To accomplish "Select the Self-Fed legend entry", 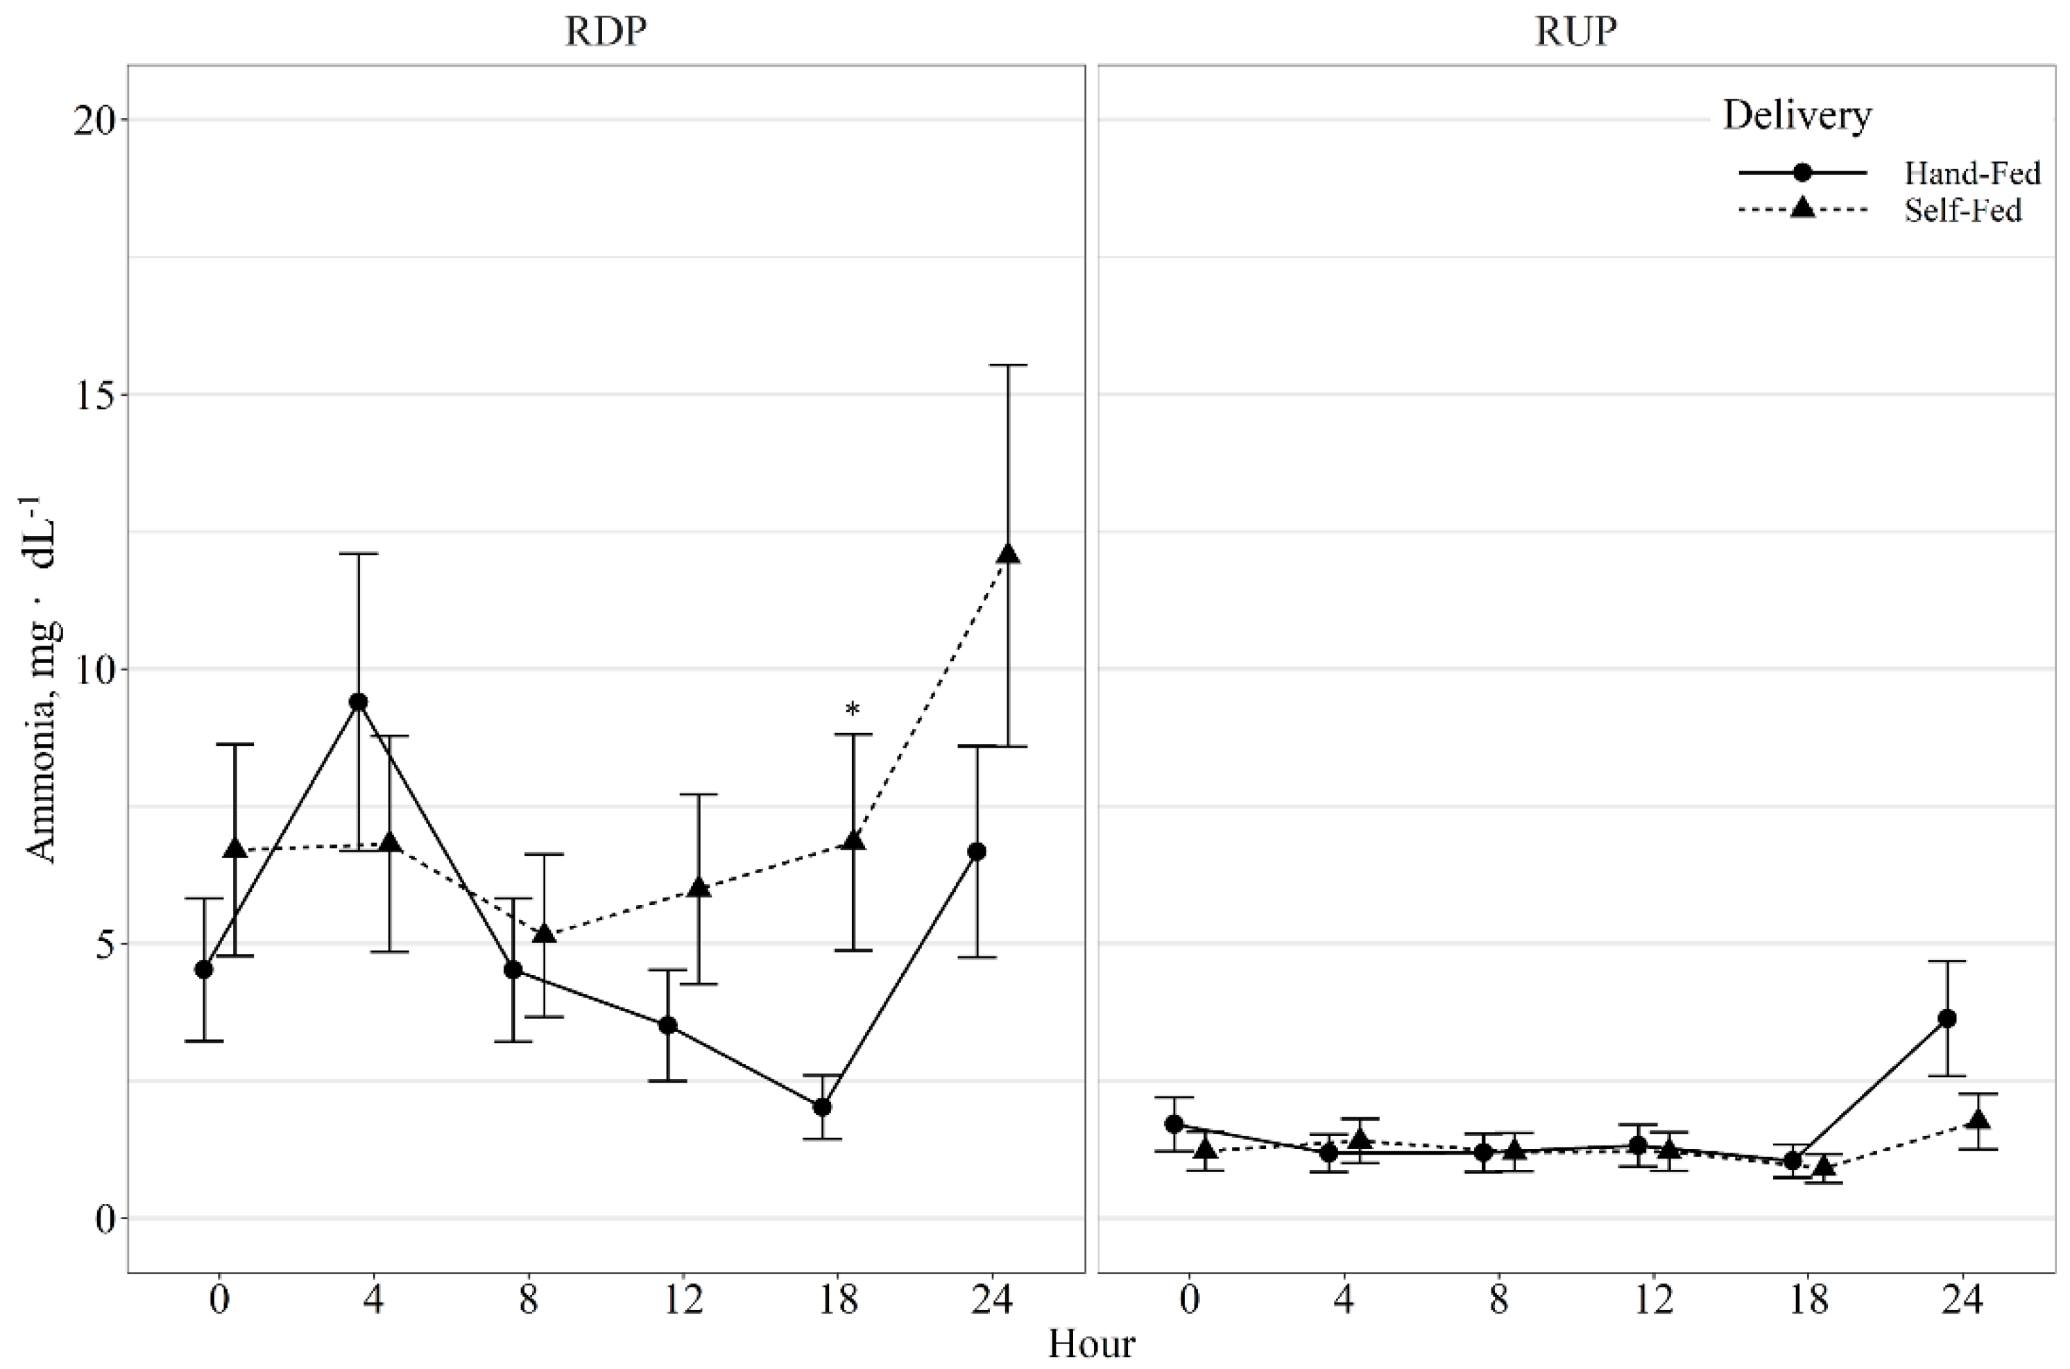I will [x=1962, y=210].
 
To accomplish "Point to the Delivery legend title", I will [x=1797, y=116].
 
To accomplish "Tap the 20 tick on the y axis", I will [x=94, y=121].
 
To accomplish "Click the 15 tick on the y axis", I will [x=94, y=395].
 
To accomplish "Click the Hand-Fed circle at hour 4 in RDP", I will [x=358, y=702].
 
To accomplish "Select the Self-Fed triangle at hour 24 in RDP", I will [x=1009, y=554].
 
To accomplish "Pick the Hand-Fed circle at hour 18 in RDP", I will [x=821, y=1107].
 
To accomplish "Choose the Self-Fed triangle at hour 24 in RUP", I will [x=1979, y=1119].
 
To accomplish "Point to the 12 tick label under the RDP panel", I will [x=683, y=1300].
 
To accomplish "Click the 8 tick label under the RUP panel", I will [x=1498, y=1300].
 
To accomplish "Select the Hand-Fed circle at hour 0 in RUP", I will [x=1174, y=1123].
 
